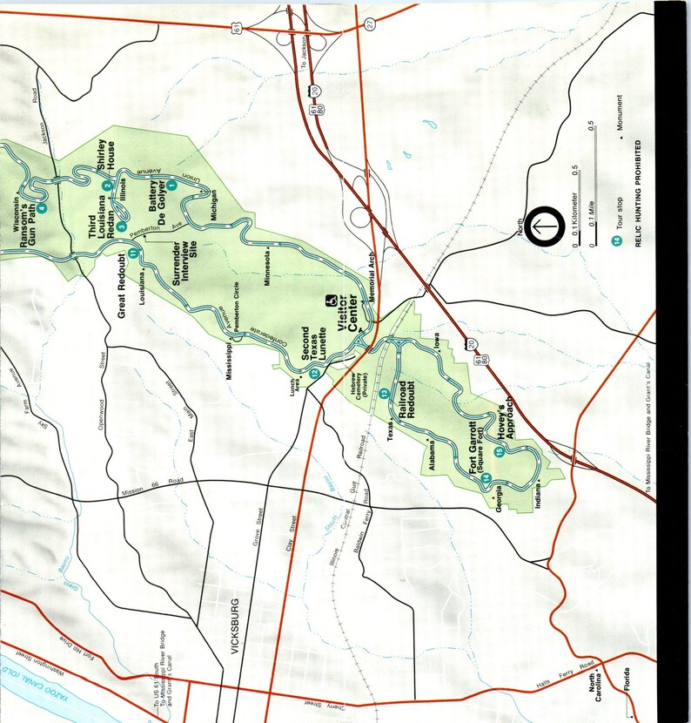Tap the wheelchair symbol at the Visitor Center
tap(332, 301)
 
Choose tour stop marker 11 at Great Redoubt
tap(133, 253)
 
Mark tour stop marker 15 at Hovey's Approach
tap(499, 451)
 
